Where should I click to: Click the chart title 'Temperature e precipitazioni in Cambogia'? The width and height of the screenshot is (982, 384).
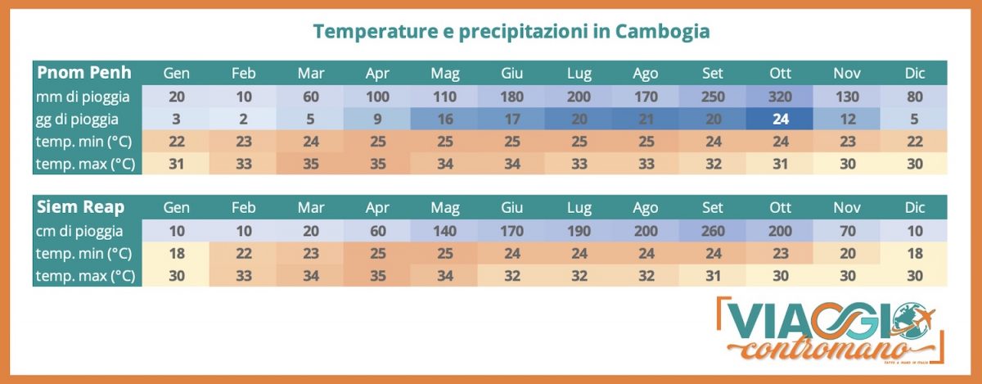(511, 31)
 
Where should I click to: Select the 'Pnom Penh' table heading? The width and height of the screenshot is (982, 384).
(84, 72)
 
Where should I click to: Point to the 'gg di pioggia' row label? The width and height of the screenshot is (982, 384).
(83, 119)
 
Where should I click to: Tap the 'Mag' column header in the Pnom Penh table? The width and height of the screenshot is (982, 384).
(445, 73)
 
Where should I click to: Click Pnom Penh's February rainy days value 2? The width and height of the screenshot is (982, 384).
(244, 119)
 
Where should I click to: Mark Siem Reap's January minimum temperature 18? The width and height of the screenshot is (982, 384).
(176, 254)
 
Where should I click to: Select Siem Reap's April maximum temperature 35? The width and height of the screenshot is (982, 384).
(378, 277)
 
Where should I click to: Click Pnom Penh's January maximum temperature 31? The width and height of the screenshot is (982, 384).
(176, 164)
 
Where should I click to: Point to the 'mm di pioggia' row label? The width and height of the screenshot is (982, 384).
(83, 97)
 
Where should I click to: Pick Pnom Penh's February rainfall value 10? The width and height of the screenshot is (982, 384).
(244, 97)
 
